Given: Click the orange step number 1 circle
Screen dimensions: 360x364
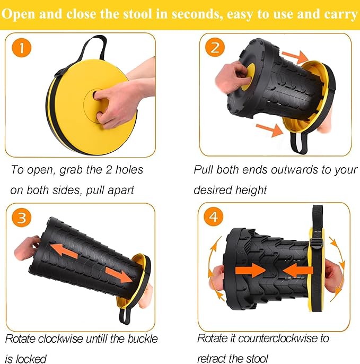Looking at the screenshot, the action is tap(22, 48).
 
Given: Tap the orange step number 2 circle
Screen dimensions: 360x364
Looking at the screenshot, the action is tap(215, 47).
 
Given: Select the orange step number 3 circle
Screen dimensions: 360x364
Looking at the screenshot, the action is tap(22, 218).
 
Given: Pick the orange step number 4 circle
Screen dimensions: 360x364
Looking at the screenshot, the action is tap(213, 216).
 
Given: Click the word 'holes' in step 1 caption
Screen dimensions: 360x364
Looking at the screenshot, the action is tap(129, 170).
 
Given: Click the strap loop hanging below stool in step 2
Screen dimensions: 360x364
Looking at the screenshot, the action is tap(300, 143).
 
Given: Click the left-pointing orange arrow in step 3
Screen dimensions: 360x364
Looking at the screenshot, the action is tap(64, 251).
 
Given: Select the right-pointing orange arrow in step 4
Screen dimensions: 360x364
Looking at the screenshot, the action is tap(250, 271).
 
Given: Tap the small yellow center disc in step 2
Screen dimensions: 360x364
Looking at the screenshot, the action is tap(248, 76).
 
